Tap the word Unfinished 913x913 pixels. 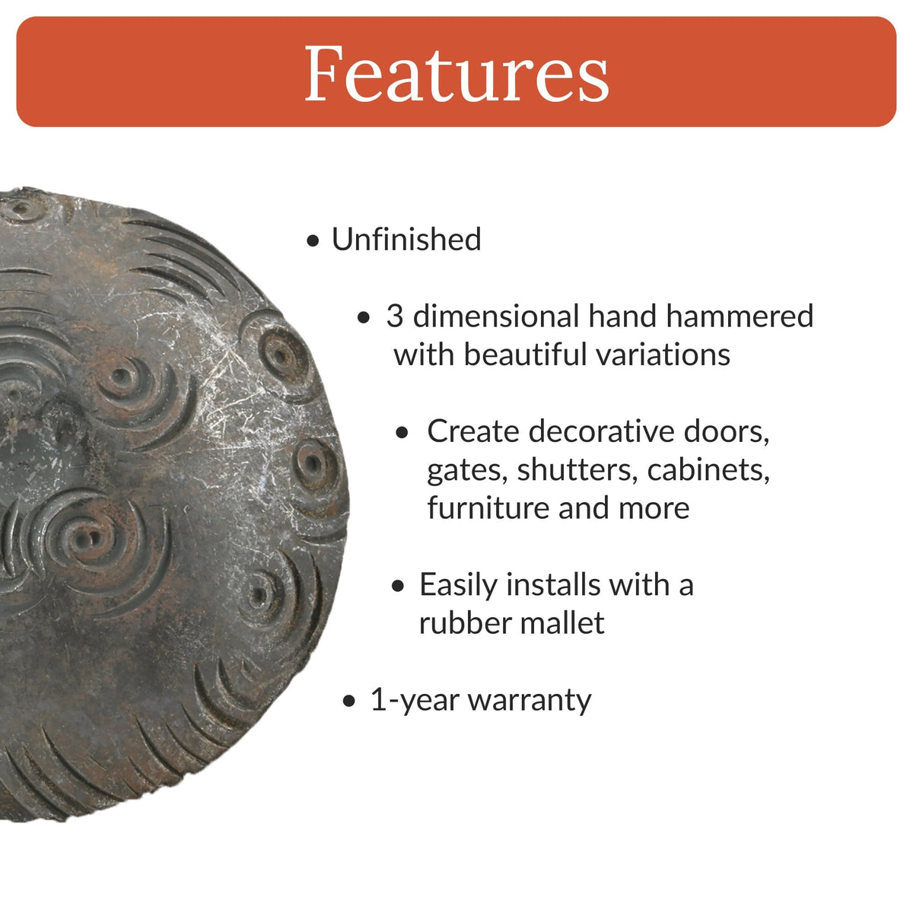[x=406, y=240]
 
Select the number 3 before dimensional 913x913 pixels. [x=394, y=317]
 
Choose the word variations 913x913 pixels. [x=659, y=355]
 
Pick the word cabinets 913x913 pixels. [x=708, y=470]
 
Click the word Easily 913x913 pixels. [x=459, y=585]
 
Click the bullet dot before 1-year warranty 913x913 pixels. [x=349, y=701]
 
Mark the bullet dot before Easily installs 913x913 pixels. [x=399, y=587]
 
